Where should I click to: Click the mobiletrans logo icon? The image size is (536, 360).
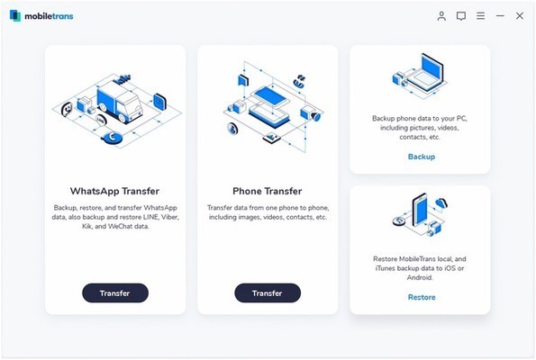point(15,15)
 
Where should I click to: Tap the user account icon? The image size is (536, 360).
point(441,15)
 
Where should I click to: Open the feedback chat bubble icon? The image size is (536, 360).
point(461,16)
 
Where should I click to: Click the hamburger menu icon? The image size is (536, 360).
point(481,15)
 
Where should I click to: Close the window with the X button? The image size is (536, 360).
point(520,15)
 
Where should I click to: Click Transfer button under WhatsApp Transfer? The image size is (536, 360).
point(115,292)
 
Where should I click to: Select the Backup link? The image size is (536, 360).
point(422,157)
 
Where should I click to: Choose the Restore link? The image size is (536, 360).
point(422,297)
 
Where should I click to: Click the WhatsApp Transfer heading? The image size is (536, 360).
point(114,191)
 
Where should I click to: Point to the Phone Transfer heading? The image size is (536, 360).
point(267,191)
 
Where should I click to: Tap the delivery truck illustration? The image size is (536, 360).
point(120,102)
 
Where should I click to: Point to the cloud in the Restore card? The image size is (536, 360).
point(441,203)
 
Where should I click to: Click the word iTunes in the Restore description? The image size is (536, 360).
point(385,268)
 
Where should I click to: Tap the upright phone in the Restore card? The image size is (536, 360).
point(420,211)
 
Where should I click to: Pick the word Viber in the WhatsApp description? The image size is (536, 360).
point(169,217)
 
